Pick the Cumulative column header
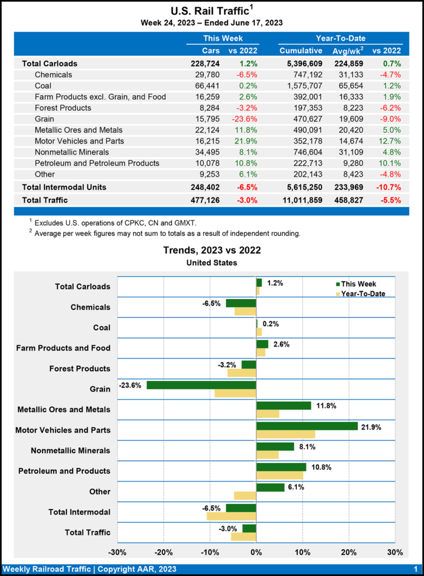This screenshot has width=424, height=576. click(301, 51)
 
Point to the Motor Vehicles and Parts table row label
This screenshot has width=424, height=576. click(79, 141)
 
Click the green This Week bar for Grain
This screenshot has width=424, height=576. click(201, 385)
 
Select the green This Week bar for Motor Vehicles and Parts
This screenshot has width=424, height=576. click(306, 426)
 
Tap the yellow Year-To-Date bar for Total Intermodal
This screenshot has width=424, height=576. click(232, 516)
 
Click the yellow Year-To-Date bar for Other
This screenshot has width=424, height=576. click(245, 496)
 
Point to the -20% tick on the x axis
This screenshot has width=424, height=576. click(163, 552)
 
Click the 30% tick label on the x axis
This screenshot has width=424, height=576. click(395, 552)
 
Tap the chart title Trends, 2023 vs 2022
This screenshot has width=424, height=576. click(211, 250)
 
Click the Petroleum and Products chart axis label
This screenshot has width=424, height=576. click(64, 471)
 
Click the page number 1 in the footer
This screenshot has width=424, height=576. click(414, 569)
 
